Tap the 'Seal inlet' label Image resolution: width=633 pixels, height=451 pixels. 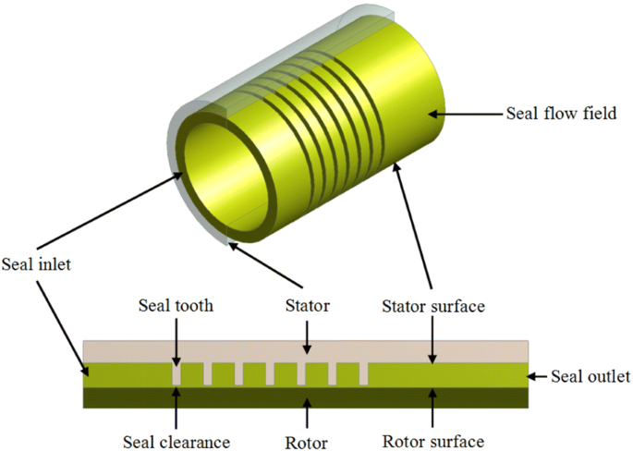click(x=36, y=263)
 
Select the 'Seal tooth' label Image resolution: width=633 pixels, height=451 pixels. click(x=175, y=305)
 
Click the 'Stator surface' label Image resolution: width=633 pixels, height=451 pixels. click(x=432, y=305)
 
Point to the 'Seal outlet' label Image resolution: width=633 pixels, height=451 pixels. click(x=590, y=376)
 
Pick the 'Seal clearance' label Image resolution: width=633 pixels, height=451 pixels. click(x=176, y=440)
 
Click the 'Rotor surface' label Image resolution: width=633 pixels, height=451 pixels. click(x=432, y=440)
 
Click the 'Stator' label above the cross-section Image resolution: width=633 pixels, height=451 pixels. click(x=310, y=305)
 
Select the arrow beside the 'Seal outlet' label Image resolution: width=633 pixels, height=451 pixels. click(x=541, y=375)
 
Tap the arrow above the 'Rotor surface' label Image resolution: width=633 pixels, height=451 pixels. click(x=432, y=407)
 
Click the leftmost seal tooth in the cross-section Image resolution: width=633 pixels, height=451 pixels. click(x=176, y=373)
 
